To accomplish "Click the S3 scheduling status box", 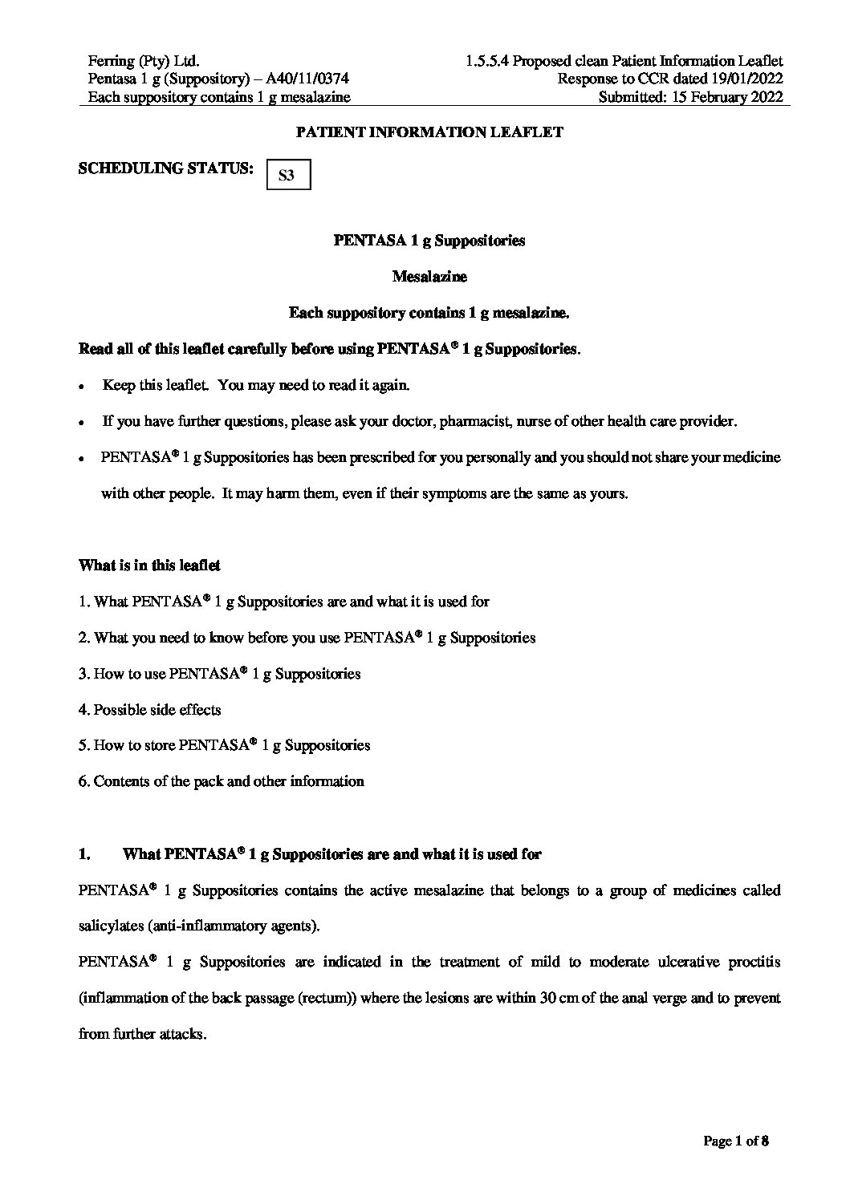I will click(x=287, y=175).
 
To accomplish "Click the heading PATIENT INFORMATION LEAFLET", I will click(x=429, y=132).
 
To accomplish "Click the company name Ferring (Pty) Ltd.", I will click(x=144, y=61).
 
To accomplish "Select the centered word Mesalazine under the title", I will click(x=429, y=277).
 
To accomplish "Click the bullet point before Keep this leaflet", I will click(x=82, y=386).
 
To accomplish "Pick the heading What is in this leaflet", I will click(x=149, y=566).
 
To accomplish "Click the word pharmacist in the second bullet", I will click(x=480, y=421).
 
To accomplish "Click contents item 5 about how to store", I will click(x=224, y=745).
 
